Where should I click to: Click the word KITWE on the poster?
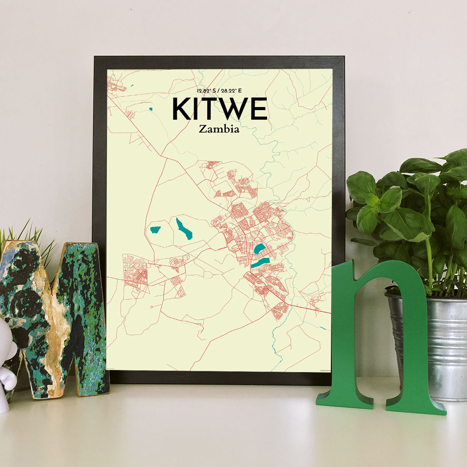pos(219,109)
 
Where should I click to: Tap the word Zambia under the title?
pos(219,129)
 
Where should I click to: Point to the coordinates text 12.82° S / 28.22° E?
pos(219,91)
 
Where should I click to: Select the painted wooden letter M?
pos(53,317)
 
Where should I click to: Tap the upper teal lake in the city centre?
pos(259,249)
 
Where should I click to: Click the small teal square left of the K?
pos(151,109)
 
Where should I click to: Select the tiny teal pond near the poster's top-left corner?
pos(132,85)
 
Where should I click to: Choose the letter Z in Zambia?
pos(202,129)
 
